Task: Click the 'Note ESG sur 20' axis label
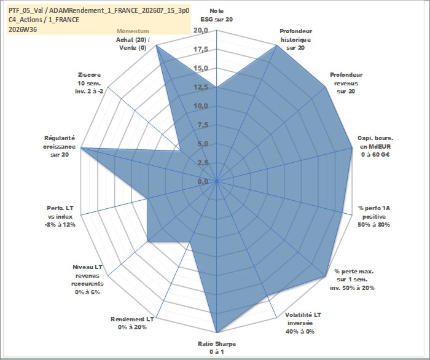[217, 15]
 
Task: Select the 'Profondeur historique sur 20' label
[295, 39]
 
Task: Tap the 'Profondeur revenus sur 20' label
[346, 83]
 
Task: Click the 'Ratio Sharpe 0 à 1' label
[217, 348]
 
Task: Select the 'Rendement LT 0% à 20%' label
[132, 323]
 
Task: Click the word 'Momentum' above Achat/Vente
[133, 31]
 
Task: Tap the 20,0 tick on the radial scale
[201, 31]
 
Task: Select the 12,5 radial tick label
[201, 87]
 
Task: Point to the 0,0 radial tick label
[203, 181]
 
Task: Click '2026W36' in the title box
[23, 29]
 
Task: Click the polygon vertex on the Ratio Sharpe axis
[217, 332]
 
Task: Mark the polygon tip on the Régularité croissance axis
[81, 148]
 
